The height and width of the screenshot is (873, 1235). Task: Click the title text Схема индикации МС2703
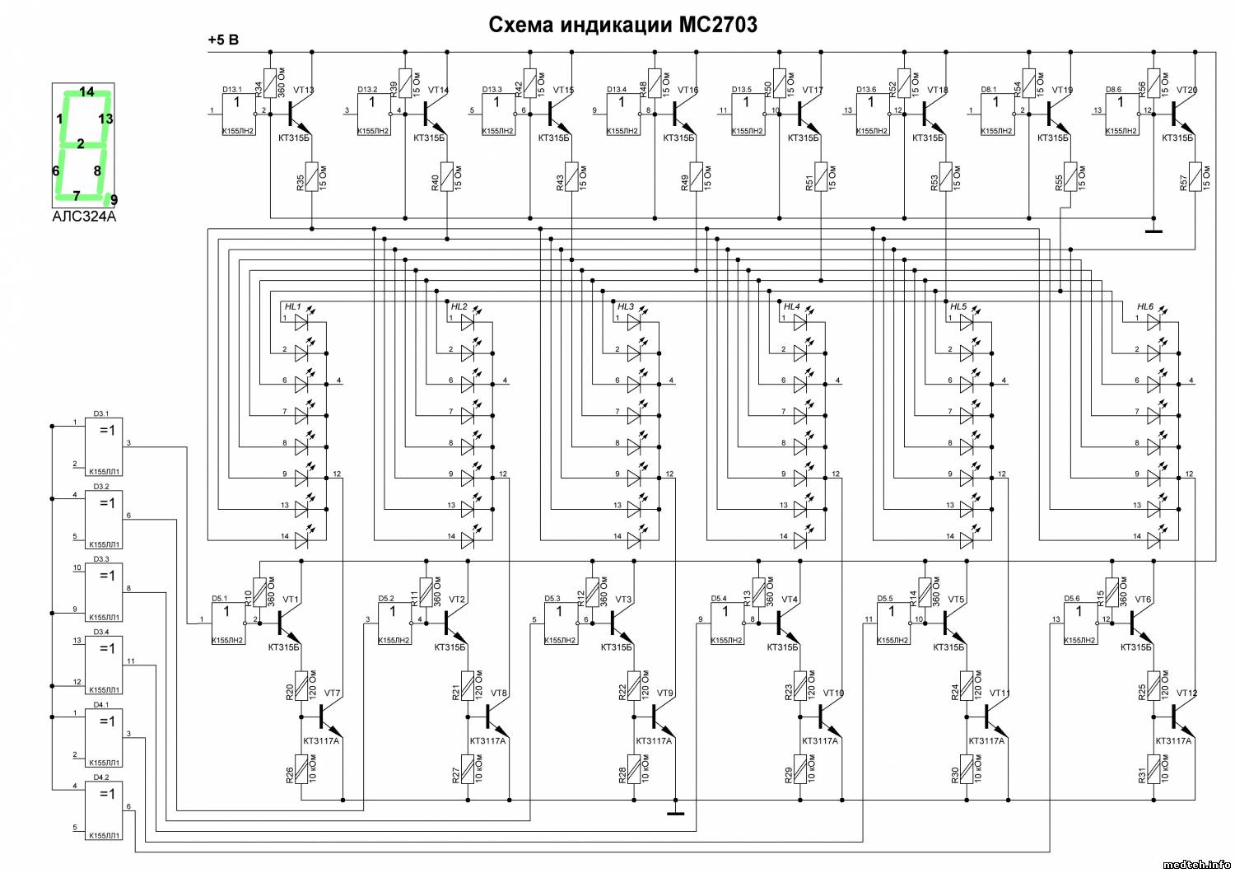pyautogui.click(x=622, y=25)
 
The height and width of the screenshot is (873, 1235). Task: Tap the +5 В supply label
pyautogui.click(x=223, y=40)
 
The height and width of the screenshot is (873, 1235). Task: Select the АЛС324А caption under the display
pyautogui.click(x=84, y=217)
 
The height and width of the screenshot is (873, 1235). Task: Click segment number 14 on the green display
pyautogui.click(x=86, y=92)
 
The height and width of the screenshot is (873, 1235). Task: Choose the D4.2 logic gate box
pyautogui.click(x=105, y=810)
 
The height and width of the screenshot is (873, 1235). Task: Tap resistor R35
pyautogui.click(x=312, y=177)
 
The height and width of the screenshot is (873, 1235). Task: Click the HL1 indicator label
pyautogui.click(x=292, y=306)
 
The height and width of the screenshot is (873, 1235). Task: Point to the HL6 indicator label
pyautogui.click(x=1145, y=306)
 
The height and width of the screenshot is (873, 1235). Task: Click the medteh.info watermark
pyautogui.click(x=1196, y=864)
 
